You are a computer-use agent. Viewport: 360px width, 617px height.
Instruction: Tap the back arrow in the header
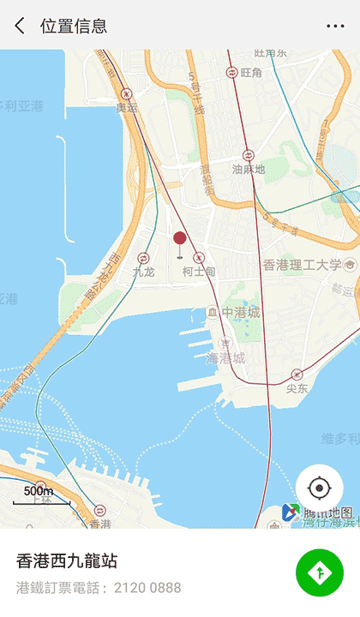click(19, 26)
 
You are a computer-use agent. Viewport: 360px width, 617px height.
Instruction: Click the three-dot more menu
click(335, 26)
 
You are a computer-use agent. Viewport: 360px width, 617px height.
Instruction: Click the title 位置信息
click(74, 26)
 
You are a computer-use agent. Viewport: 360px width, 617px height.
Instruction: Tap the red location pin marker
click(179, 240)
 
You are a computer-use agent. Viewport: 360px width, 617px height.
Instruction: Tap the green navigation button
click(320, 572)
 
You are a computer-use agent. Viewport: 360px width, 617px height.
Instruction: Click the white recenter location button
click(320, 488)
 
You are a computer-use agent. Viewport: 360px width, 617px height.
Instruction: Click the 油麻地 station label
click(249, 170)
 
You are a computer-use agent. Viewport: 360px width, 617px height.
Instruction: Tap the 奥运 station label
click(127, 108)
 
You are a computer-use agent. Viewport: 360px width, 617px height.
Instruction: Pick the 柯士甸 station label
click(199, 271)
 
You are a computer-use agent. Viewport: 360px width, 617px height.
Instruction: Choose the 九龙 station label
click(143, 272)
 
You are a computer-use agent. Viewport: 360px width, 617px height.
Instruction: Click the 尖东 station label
click(297, 388)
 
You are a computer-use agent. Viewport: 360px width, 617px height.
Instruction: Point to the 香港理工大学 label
click(302, 265)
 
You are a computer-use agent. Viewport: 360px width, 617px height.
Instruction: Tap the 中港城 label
click(240, 312)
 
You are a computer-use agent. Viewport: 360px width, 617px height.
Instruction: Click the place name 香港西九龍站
click(67, 561)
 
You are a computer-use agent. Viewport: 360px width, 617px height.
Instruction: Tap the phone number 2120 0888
click(148, 588)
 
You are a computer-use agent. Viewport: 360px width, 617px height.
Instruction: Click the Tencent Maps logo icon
click(291, 513)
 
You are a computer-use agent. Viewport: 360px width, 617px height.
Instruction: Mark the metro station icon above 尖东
click(297, 374)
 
